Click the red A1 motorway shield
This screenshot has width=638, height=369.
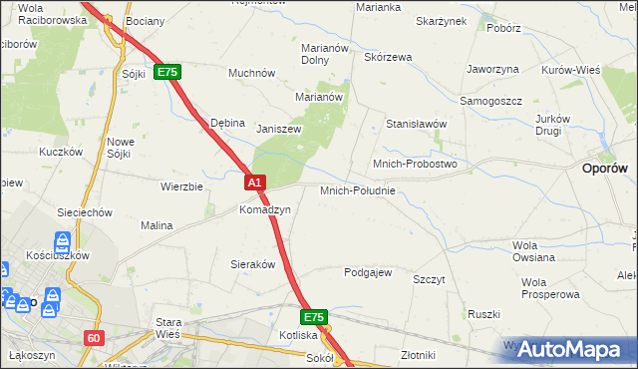(255, 183)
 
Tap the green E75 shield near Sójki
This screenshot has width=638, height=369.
(166, 73)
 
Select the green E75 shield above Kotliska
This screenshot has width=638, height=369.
(314, 317)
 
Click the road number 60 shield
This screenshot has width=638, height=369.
(94, 338)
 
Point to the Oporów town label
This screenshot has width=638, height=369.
(604, 170)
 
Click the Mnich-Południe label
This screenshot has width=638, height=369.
(358, 189)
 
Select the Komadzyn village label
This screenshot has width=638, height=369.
(264, 210)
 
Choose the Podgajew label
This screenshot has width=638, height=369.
(368, 272)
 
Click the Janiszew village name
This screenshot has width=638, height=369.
(279, 129)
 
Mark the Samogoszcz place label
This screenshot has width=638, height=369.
(490, 102)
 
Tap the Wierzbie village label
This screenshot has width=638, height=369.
(182, 185)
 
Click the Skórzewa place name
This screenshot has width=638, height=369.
(388, 57)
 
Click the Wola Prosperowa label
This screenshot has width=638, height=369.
(549, 288)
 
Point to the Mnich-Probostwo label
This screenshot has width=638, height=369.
(414, 163)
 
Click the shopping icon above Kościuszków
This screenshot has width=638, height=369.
(62, 240)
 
